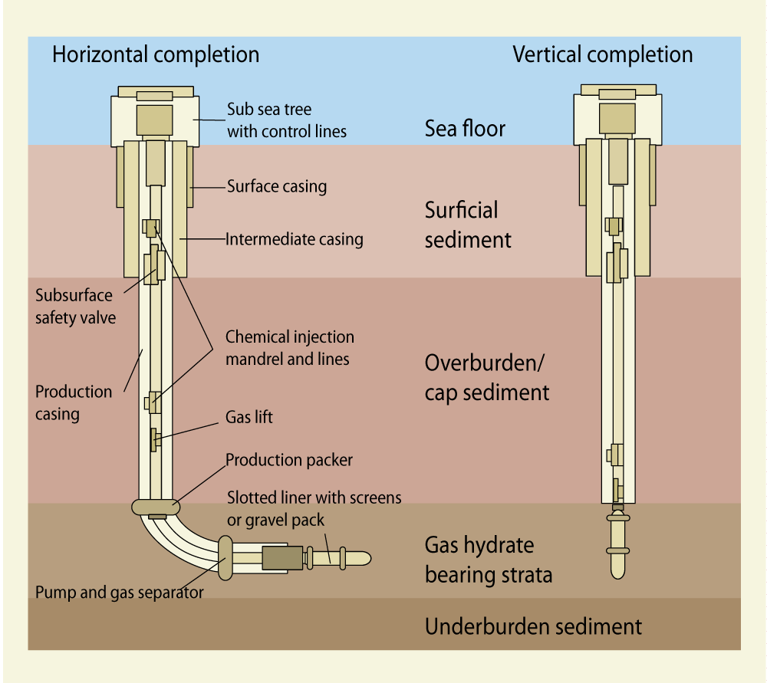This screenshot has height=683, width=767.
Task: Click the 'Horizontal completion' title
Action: coord(155,55)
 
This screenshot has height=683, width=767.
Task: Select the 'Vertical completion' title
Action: coord(602,55)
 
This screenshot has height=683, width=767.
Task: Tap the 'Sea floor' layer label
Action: coord(465,128)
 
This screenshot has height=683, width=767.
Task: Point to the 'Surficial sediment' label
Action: coord(468,225)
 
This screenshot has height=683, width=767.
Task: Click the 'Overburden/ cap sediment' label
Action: coord(487,378)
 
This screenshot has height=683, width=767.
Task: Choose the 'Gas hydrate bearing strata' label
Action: coord(489,560)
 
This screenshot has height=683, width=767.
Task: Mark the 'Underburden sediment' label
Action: coord(533,626)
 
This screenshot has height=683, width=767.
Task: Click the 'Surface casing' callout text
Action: coord(277,186)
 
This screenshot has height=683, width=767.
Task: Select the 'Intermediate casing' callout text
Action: coord(295,239)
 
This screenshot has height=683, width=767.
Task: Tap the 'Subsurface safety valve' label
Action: coord(74,307)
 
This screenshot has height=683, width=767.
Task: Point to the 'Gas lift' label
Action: coord(249,418)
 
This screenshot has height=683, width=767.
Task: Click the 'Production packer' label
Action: coord(289,460)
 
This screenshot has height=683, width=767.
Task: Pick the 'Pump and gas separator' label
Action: coord(120,592)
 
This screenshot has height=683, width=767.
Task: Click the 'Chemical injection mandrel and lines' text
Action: coord(289,348)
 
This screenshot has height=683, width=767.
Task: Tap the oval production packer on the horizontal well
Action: coord(156,506)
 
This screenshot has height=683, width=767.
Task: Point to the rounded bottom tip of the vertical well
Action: coord(618,571)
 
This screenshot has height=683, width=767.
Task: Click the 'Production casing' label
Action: coord(74,403)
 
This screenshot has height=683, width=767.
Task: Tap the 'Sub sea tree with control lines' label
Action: coord(286,120)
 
